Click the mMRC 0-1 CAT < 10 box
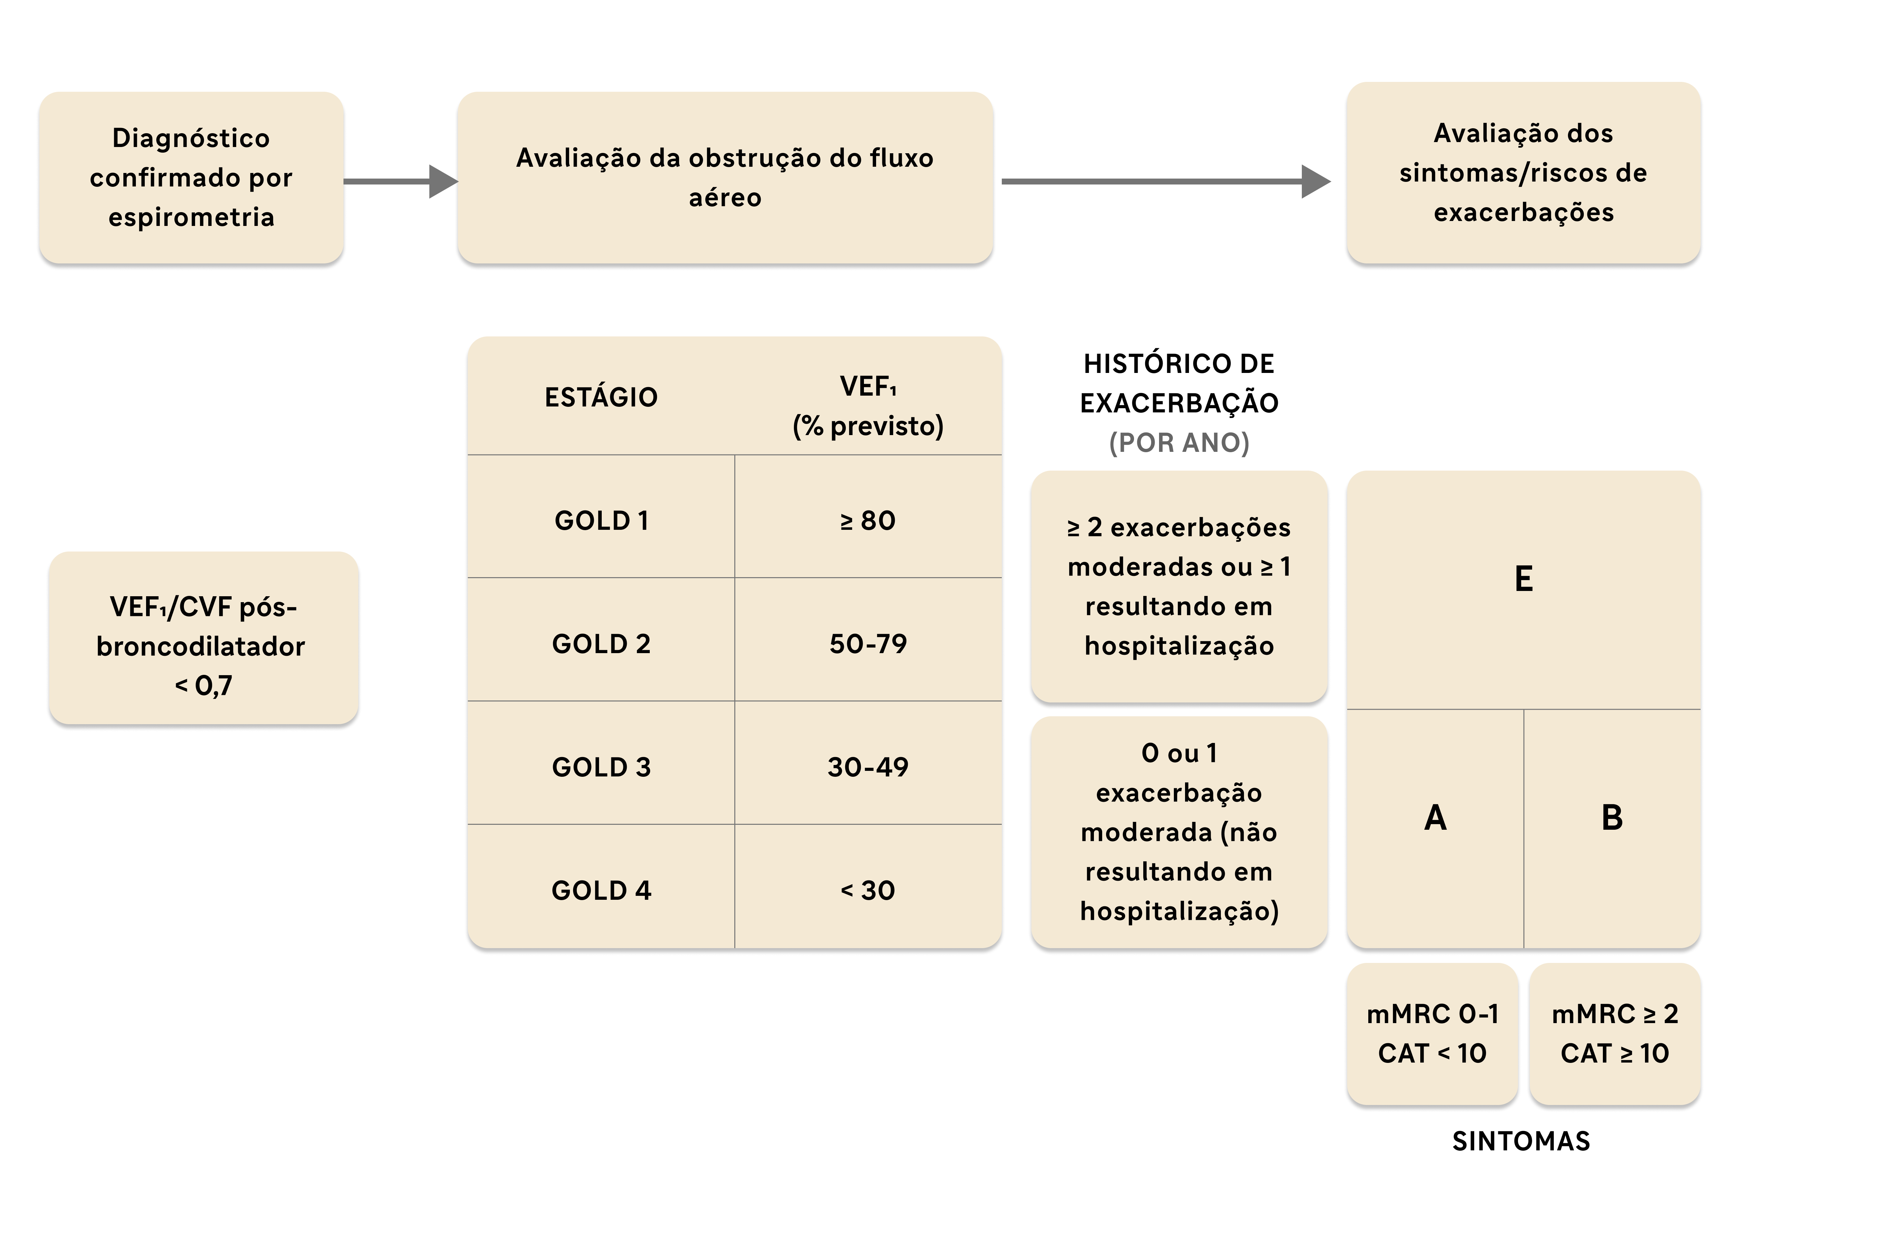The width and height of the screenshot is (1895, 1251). point(1432,1034)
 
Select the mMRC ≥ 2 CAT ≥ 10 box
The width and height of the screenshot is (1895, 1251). point(1615,1034)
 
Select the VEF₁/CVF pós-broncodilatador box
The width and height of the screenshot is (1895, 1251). point(203,638)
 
